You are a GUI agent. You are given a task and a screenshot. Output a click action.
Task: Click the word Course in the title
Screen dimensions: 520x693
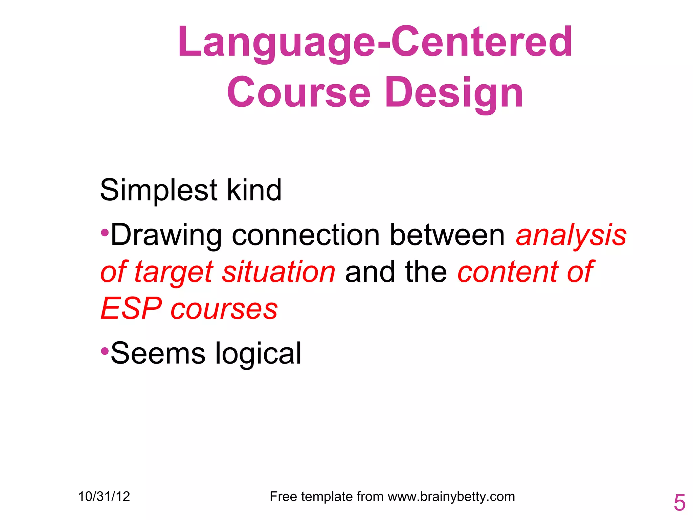[x=299, y=93]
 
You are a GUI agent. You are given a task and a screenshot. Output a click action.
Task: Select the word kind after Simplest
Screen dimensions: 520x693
[x=254, y=190]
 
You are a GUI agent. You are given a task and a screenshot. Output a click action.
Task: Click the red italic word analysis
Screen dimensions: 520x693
[x=571, y=235]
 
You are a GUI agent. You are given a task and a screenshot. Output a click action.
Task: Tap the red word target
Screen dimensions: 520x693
[x=174, y=272]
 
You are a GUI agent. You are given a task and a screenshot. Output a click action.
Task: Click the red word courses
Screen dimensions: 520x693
[x=224, y=309]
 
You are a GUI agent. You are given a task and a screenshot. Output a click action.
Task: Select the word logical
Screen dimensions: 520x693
[x=258, y=354]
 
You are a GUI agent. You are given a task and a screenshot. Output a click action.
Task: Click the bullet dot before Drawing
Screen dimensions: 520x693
[x=105, y=233]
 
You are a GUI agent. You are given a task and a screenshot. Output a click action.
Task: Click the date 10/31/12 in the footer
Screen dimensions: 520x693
[x=104, y=497]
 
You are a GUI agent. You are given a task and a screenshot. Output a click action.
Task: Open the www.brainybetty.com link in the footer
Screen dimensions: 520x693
[x=451, y=497]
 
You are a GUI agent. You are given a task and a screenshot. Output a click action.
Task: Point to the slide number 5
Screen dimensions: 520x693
[x=679, y=503]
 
